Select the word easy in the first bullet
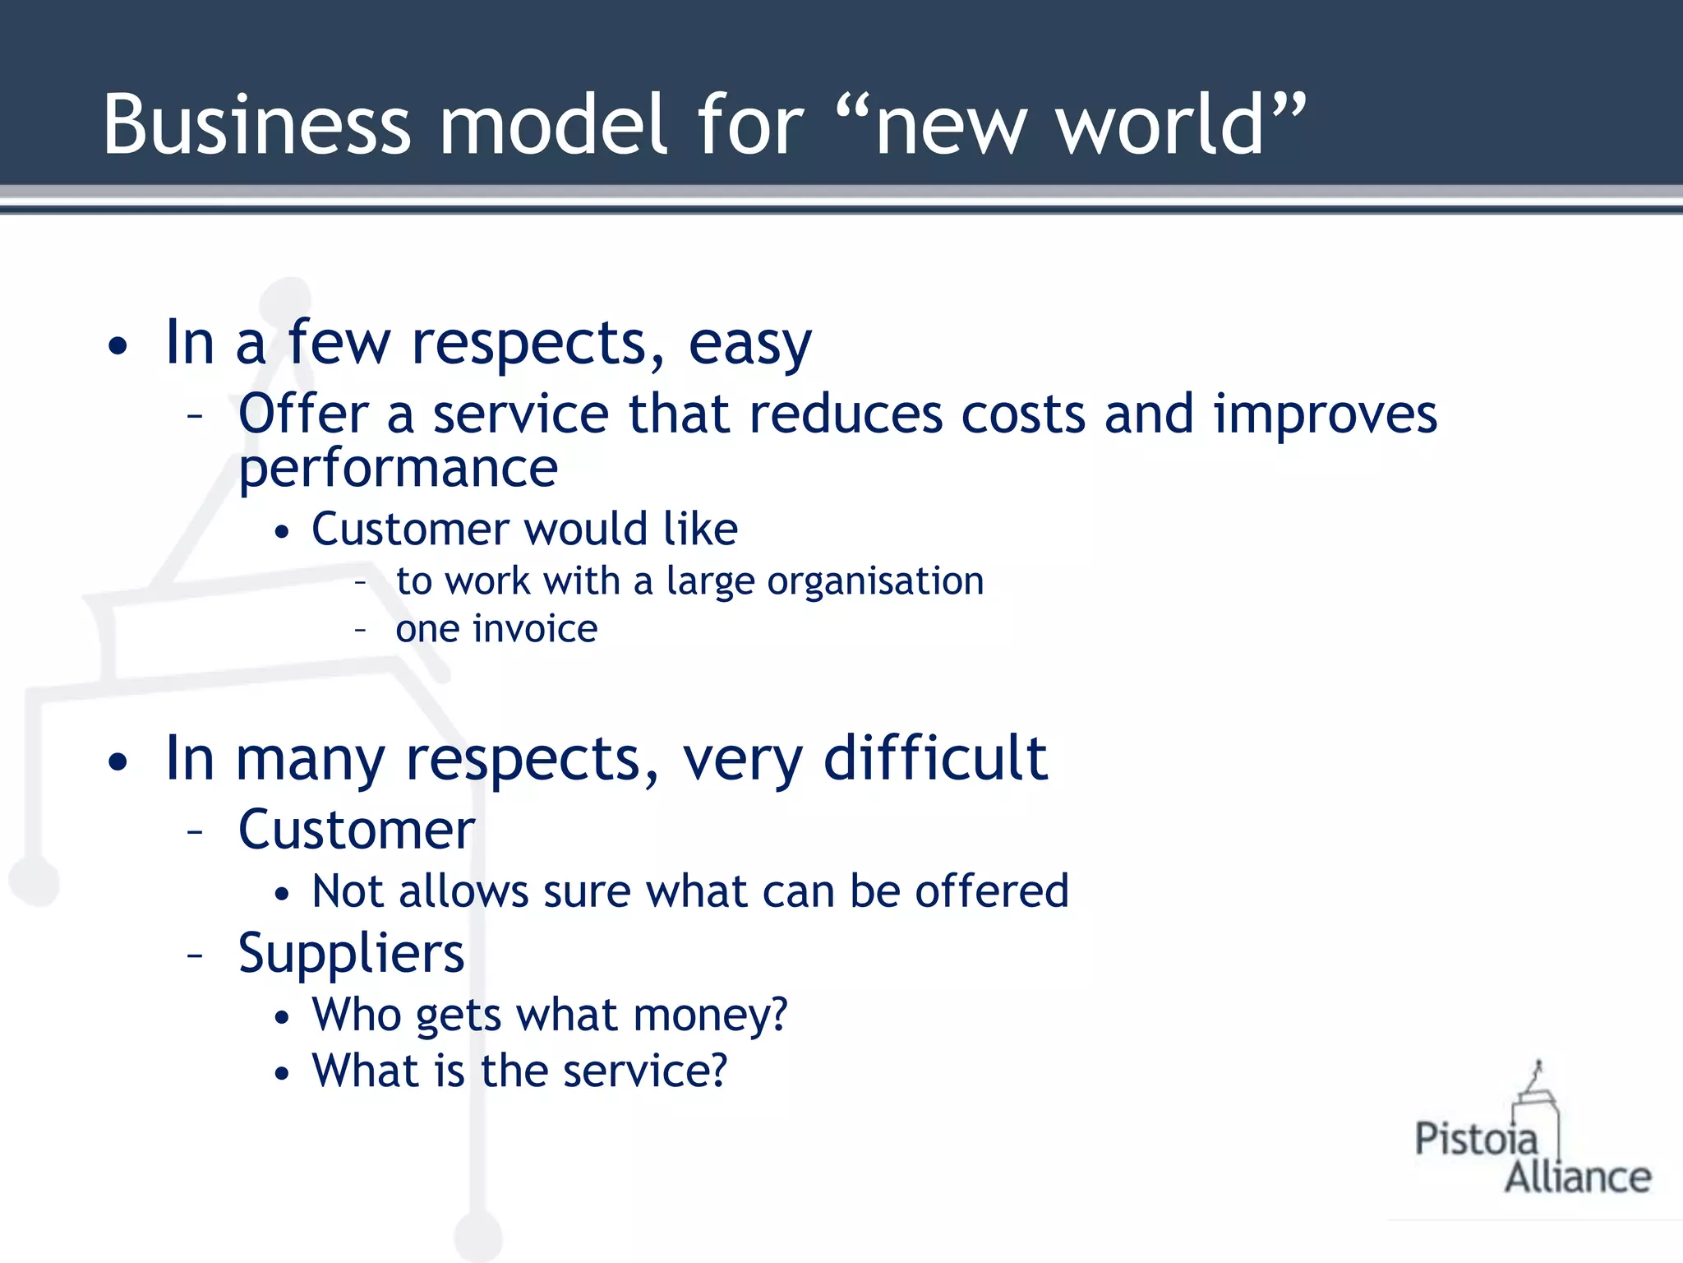click(749, 344)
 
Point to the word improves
click(1326, 414)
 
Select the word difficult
click(935, 758)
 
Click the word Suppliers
click(351, 955)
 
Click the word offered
click(992, 891)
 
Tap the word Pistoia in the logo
click(1475, 1140)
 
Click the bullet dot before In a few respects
click(118, 346)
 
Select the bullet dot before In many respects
click(118, 761)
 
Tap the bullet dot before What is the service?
click(283, 1073)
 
